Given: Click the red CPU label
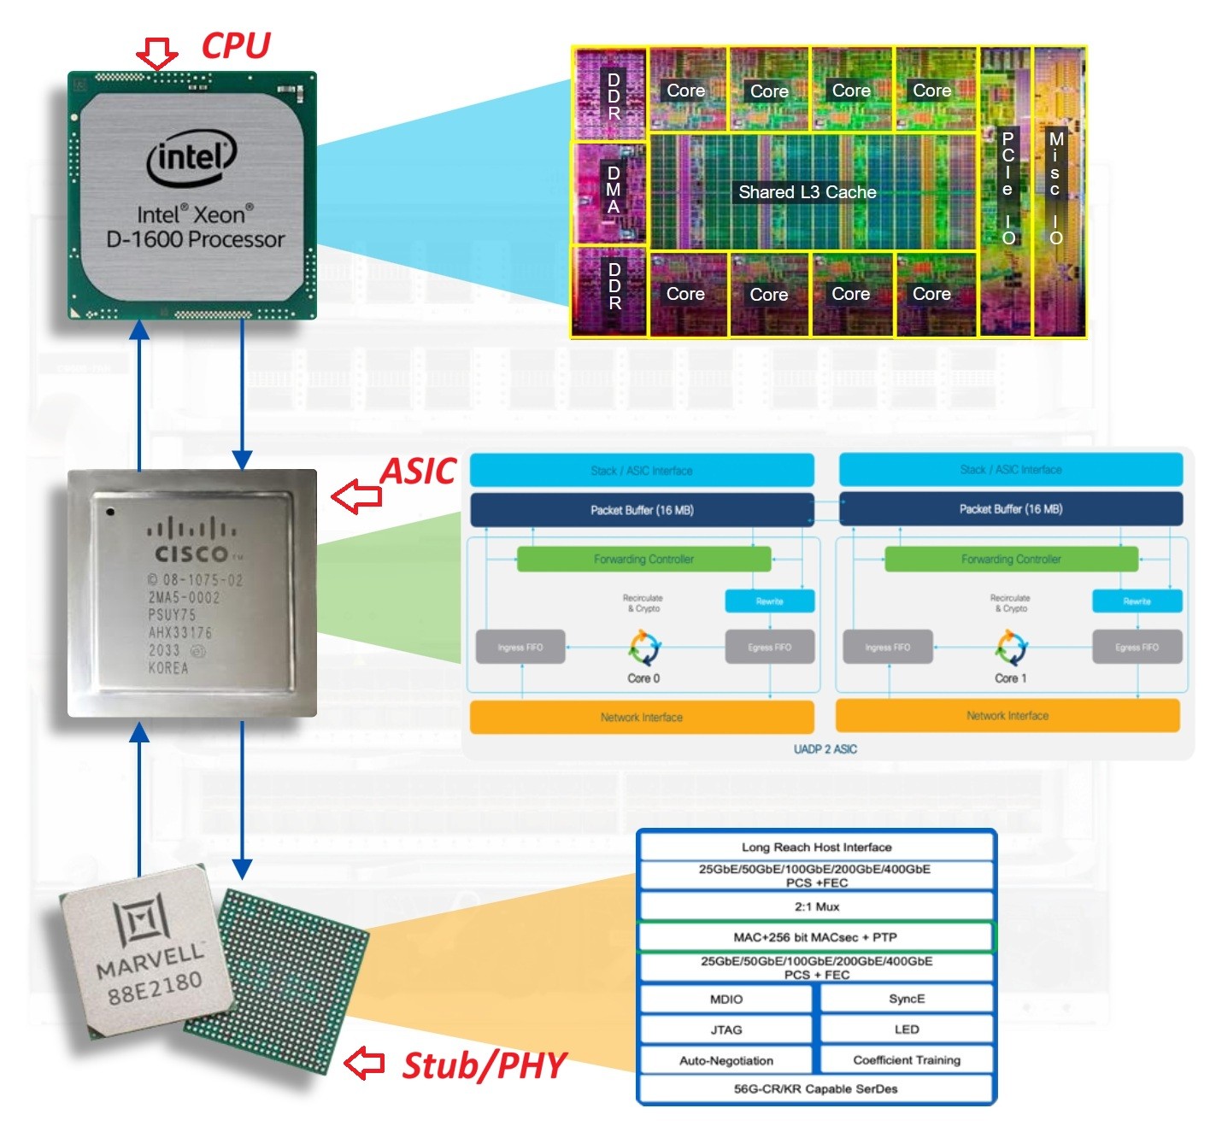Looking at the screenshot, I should [235, 45].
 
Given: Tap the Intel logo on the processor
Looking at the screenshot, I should [191, 158].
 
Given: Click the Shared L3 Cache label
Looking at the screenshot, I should [807, 192].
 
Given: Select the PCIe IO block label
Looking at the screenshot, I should [1008, 188].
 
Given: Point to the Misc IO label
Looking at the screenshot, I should [1056, 188].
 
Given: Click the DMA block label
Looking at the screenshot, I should [613, 190].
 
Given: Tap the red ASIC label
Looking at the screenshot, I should [418, 472].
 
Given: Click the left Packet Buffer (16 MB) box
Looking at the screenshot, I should [642, 510].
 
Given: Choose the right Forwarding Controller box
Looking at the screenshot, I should [1011, 560].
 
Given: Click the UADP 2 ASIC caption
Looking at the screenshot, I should [825, 749].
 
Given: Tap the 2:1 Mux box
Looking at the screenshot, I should [817, 906].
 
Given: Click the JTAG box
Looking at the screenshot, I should [725, 1029].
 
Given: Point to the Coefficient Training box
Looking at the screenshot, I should [907, 1060].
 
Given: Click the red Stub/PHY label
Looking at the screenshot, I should [484, 1065].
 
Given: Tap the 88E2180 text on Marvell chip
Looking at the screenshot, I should [155, 988].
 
